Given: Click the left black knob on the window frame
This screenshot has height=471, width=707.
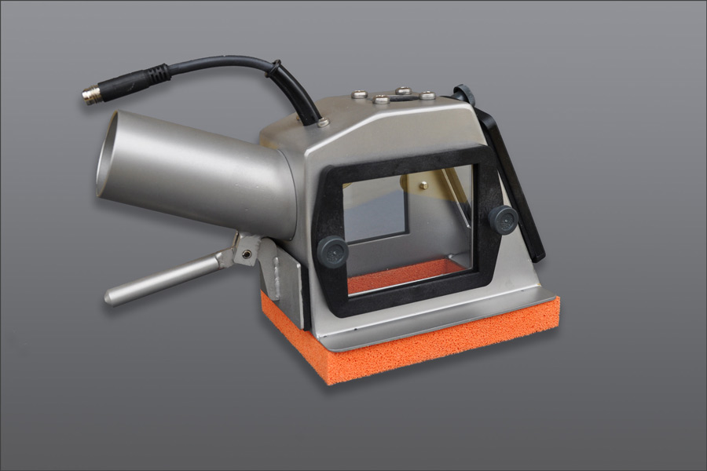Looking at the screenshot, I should tap(332, 252).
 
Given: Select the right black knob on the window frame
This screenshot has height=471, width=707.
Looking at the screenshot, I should tap(503, 219).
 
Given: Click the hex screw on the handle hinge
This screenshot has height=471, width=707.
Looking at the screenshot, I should tap(247, 254).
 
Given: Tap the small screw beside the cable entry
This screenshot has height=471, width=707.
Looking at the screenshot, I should tap(322, 122).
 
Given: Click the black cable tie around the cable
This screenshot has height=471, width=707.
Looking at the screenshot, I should tap(276, 71).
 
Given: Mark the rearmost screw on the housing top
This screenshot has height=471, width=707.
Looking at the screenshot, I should tap(404, 90).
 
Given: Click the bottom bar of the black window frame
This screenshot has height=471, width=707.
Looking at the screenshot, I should tap(408, 295).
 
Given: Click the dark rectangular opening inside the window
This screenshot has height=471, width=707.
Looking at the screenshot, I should tap(375, 208).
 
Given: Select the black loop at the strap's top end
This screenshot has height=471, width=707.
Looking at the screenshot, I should tap(464, 95).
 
